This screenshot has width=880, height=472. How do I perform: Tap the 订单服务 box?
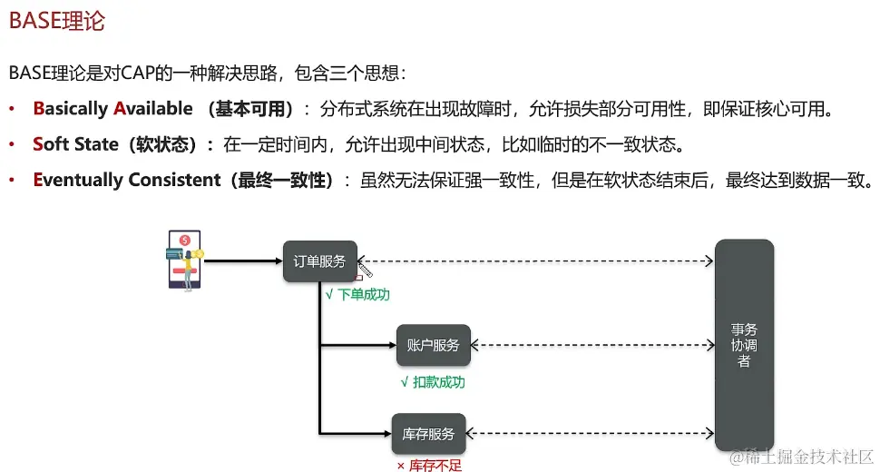tap(319, 261)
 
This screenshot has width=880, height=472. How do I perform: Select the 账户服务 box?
tap(433, 346)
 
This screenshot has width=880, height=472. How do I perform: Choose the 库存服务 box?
tap(428, 434)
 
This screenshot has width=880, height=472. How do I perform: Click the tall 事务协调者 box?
tap(744, 345)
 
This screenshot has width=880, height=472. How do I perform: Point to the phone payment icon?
tap(184, 261)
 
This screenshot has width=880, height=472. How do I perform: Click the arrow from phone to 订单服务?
tap(243, 261)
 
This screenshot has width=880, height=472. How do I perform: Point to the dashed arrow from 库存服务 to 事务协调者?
tap(590, 434)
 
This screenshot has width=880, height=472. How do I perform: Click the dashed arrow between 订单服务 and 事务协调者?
tap(536, 261)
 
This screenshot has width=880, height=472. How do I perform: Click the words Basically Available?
tap(112, 109)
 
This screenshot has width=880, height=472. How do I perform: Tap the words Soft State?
tap(75, 144)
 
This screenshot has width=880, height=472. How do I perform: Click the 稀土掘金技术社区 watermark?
tap(803, 456)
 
